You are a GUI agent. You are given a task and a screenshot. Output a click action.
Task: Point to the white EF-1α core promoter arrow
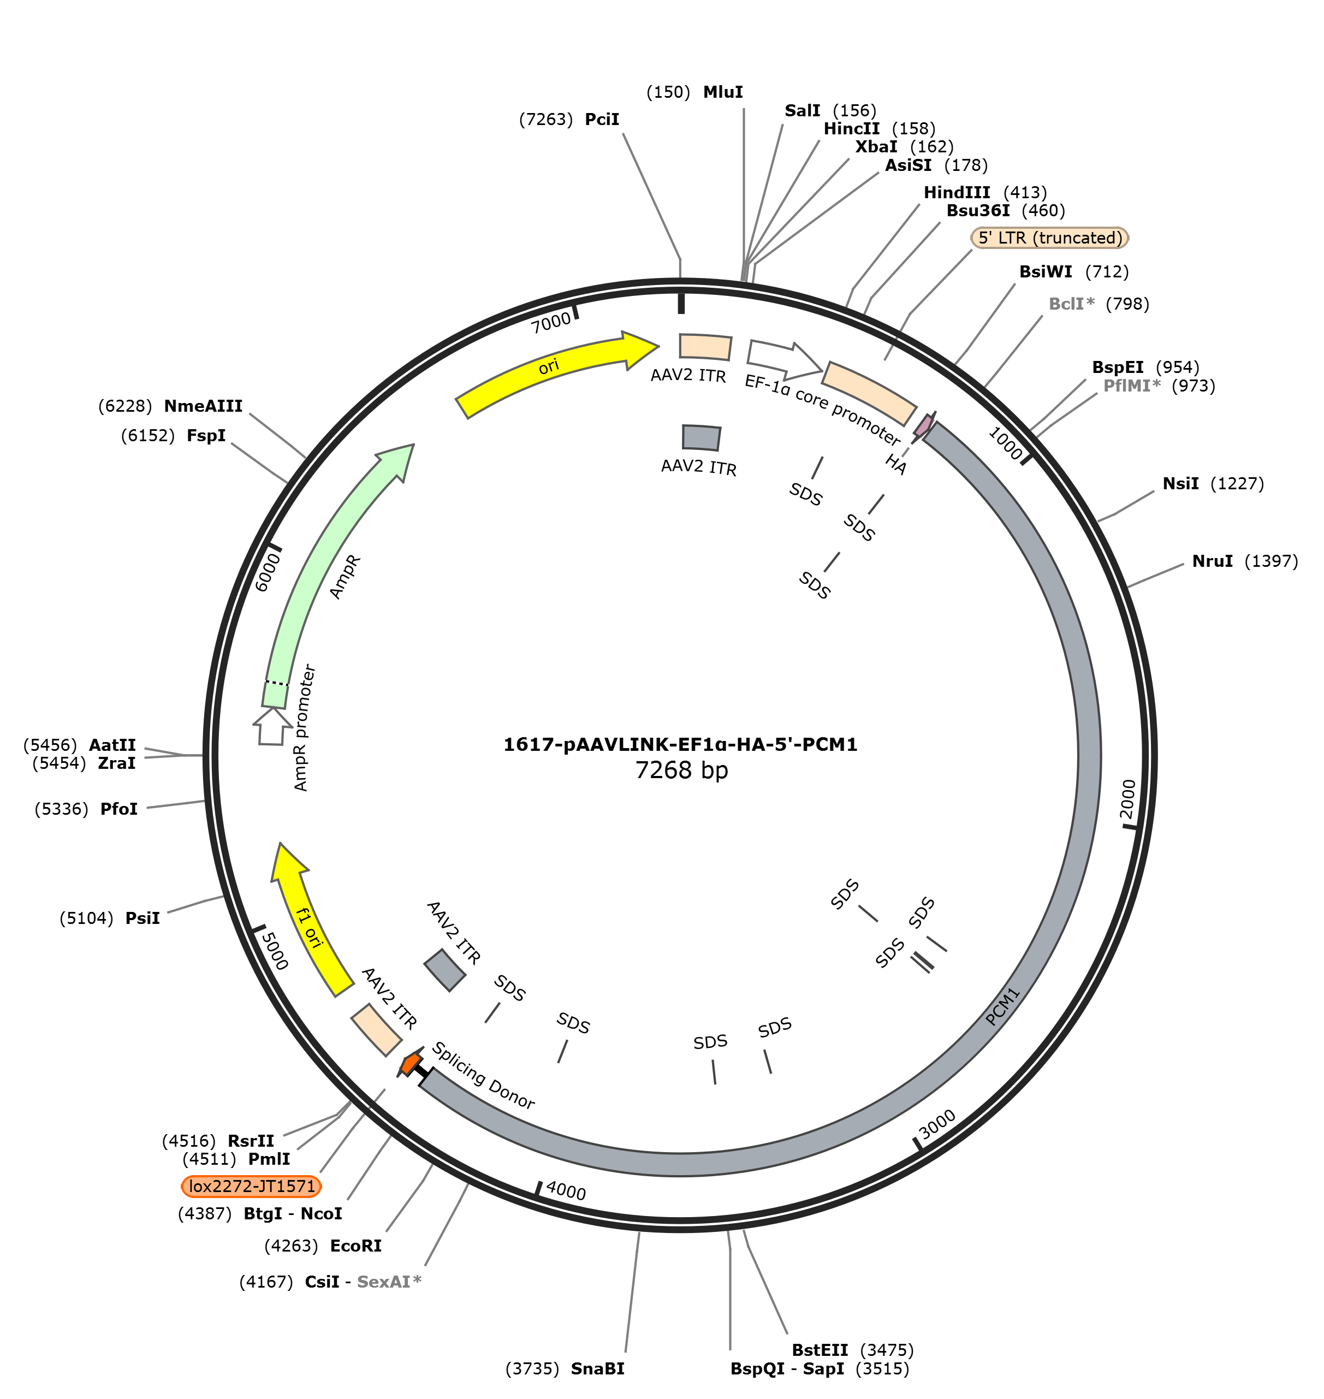(783, 358)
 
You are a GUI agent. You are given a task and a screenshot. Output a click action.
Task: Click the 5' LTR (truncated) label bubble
(1050, 238)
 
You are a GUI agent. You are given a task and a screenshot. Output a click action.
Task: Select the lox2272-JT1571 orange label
(252, 1186)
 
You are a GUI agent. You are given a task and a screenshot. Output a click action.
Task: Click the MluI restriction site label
(723, 92)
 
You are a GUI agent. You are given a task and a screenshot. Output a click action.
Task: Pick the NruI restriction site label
(1213, 561)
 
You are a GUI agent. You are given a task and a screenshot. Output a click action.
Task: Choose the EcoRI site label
(355, 1246)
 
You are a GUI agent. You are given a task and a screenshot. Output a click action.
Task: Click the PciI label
(602, 119)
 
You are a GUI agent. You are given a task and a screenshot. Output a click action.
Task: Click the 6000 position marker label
(268, 572)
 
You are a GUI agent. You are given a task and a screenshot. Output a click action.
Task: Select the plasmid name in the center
(680, 745)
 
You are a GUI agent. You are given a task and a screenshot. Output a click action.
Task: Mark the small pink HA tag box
(924, 425)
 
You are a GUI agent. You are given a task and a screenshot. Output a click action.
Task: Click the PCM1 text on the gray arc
(1003, 1006)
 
